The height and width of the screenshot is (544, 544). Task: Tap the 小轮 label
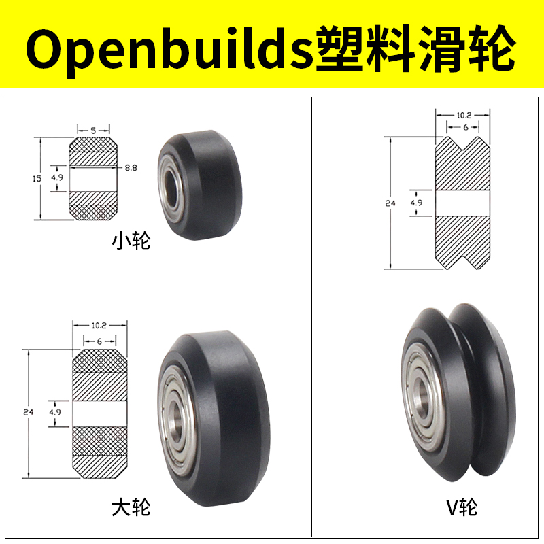pos(131,241)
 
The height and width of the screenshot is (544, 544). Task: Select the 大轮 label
pos(131,507)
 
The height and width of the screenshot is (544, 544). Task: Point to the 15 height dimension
pos(37,178)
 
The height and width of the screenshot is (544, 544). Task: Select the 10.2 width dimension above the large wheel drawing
pos(99,325)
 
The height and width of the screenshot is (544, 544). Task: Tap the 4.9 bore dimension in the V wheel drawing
pos(415,202)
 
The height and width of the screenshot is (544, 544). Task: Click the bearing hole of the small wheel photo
pos(168,192)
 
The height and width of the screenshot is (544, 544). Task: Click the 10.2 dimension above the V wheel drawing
pos(462,116)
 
